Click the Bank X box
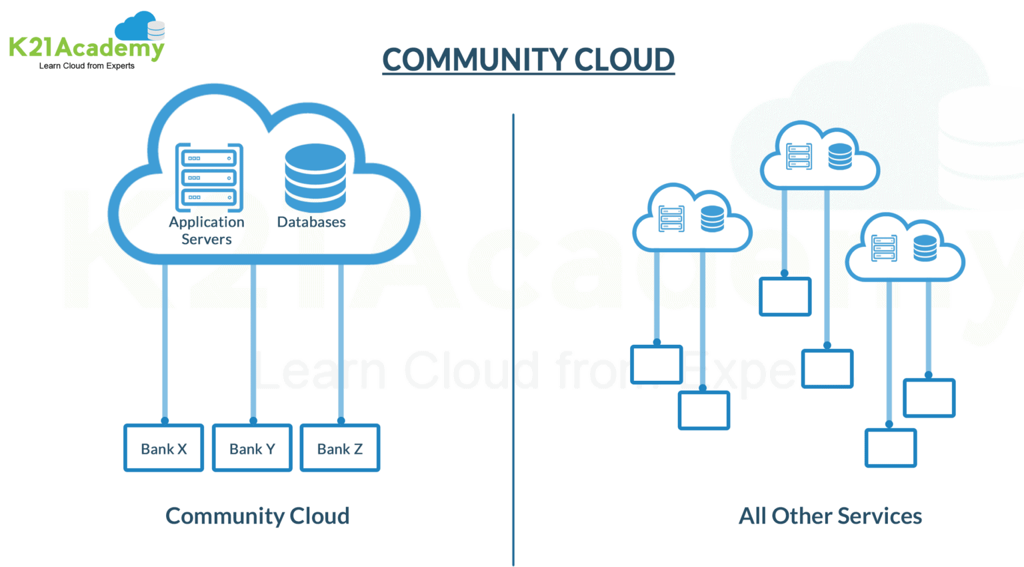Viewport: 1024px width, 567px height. tap(164, 448)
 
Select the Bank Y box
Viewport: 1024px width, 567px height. tap(252, 448)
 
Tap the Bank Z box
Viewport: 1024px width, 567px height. tap(340, 448)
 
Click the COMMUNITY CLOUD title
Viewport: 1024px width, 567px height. tap(528, 60)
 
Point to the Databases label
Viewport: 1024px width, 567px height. tap(311, 222)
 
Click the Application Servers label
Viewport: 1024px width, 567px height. tap(207, 231)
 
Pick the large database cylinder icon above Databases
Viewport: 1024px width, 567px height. tap(315, 177)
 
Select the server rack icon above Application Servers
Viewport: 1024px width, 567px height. tap(209, 177)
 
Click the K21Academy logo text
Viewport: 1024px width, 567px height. tap(87, 48)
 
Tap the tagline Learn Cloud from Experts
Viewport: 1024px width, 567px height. tap(87, 66)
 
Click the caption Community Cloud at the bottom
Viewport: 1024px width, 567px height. tap(257, 516)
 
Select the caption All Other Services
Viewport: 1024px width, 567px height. tap(830, 516)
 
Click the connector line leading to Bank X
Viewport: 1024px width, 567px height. tap(165, 340)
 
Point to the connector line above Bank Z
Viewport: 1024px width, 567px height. tap(341, 340)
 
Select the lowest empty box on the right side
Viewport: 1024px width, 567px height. tap(891, 448)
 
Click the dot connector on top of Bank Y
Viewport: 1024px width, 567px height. tap(253, 421)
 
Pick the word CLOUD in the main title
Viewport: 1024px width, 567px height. tap(625, 60)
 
